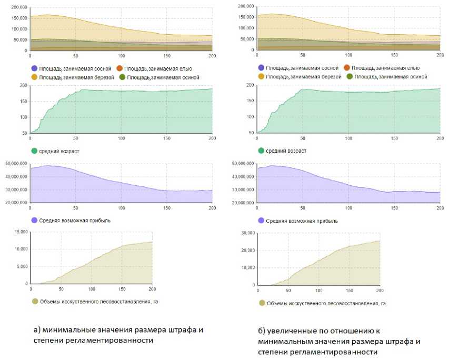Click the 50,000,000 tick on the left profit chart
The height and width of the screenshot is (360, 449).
point(15,164)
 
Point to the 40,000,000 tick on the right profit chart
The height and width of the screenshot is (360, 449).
point(243,176)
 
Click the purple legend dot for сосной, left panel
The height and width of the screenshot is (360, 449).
point(35,68)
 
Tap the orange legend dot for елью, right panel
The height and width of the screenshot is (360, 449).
point(346,68)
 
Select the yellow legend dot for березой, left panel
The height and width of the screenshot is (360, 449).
point(35,77)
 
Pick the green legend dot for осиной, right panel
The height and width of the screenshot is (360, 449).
point(349,76)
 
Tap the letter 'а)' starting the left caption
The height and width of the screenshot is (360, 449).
point(37,330)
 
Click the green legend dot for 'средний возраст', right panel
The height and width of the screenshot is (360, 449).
point(262,151)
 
